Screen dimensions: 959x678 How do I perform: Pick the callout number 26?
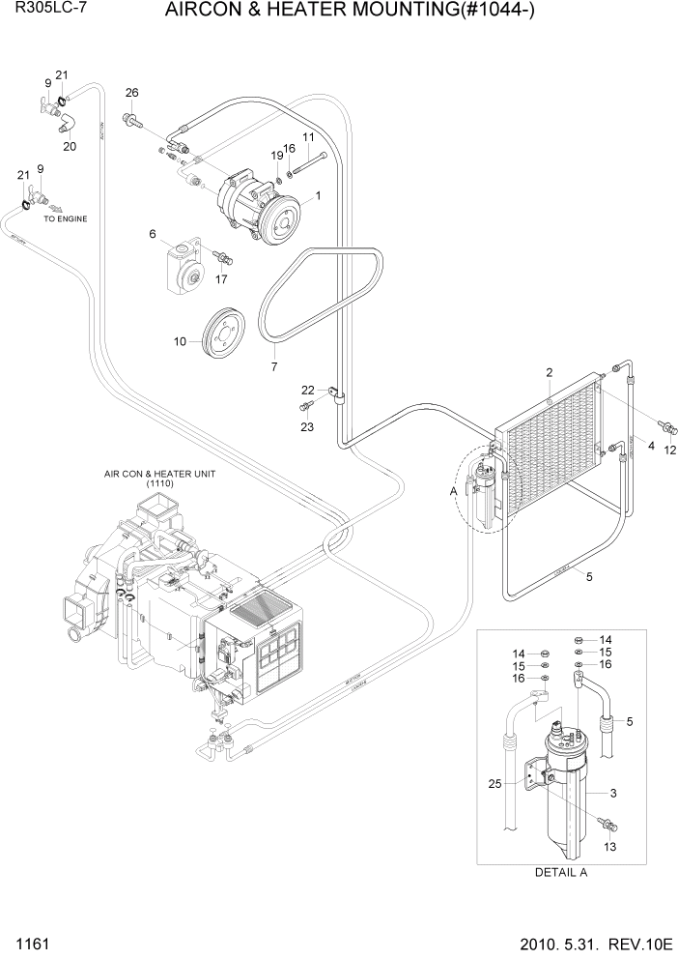point(132,93)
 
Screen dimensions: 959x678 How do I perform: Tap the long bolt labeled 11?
point(309,160)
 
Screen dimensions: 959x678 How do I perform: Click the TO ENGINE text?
point(66,219)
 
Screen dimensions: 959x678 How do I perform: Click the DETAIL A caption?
point(561,871)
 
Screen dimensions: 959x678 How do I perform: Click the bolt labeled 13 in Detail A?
point(609,825)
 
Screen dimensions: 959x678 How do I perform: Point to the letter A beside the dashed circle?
point(454,491)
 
